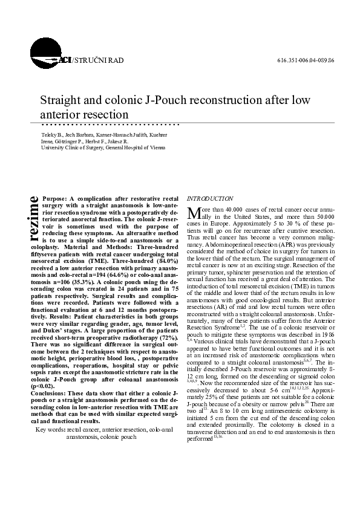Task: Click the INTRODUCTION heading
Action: pyautogui.click(x=210, y=198)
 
